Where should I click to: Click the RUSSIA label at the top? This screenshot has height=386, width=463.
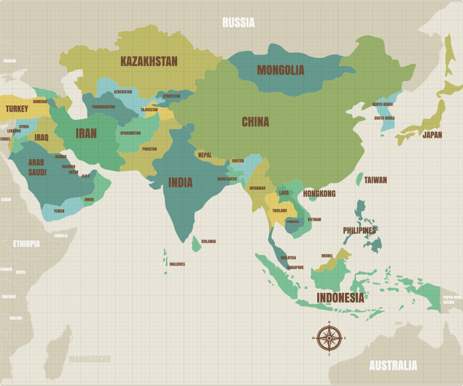click(x=238, y=23)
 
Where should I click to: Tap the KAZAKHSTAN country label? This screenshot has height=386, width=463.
click(x=149, y=61)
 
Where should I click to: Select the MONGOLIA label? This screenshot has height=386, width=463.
click(x=281, y=71)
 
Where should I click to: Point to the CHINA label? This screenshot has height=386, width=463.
click(x=255, y=122)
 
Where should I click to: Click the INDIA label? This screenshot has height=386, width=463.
click(x=180, y=182)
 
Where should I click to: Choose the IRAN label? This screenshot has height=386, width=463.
click(x=86, y=133)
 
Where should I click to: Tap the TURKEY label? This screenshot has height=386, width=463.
click(x=17, y=109)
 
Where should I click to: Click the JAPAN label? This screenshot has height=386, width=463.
click(x=432, y=135)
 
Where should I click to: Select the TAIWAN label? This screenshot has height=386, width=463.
click(x=376, y=180)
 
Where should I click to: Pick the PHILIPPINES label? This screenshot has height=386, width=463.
click(x=359, y=230)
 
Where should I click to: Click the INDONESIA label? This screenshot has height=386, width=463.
click(x=340, y=298)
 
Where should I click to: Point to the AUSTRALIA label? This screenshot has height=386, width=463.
click(x=393, y=366)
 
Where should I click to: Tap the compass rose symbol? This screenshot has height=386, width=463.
click(x=329, y=337)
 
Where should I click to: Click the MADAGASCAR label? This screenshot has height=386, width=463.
click(x=90, y=359)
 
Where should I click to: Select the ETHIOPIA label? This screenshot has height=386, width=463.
click(x=27, y=244)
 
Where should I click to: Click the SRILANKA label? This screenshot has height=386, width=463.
click(x=208, y=241)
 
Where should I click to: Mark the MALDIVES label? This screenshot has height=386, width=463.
click(x=177, y=264)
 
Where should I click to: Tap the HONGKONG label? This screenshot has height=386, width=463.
click(x=319, y=194)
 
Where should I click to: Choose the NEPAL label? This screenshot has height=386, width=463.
click(x=205, y=155)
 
